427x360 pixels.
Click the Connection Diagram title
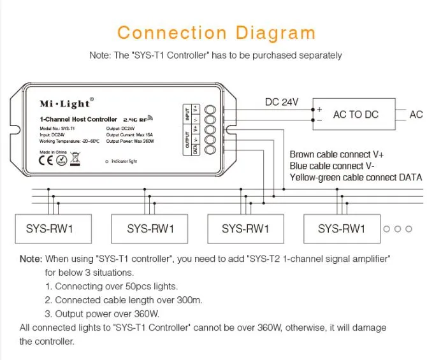(x=216, y=33)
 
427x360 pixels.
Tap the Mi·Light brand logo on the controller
(x=66, y=104)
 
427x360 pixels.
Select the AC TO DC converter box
(x=355, y=115)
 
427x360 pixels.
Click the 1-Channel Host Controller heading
(x=78, y=119)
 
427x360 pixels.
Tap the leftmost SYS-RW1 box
(x=49, y=228)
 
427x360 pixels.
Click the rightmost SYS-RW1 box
(x=342, y=228)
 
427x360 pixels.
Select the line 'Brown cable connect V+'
(x=338, y=154)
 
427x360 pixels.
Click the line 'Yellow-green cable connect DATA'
(x=356, y=177)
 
